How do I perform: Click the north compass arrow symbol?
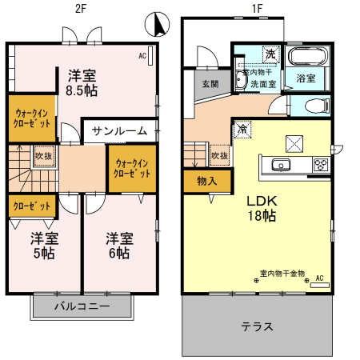159,26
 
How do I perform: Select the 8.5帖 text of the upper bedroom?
82,90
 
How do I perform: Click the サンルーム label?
119,131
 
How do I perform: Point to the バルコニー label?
82,306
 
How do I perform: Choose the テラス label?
258,326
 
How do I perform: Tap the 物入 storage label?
206,181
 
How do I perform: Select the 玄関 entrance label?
210,84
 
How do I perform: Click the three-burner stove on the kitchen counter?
321,166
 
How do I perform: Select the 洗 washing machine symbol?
270,54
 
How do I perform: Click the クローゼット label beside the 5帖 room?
32,206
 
